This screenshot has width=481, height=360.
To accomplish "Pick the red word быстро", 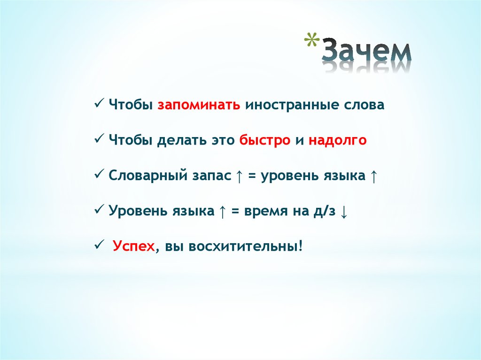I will pos(264,140).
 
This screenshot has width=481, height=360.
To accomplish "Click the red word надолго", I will pos(337,140).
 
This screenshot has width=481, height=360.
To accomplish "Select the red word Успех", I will pos(133,246).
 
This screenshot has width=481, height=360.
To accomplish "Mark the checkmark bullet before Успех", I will pos(99,245).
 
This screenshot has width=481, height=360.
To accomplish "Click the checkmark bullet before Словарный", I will pos(99,174).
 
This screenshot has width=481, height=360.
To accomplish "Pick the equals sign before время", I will pos(235,212).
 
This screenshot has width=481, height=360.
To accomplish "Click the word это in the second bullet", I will pos(220,140).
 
